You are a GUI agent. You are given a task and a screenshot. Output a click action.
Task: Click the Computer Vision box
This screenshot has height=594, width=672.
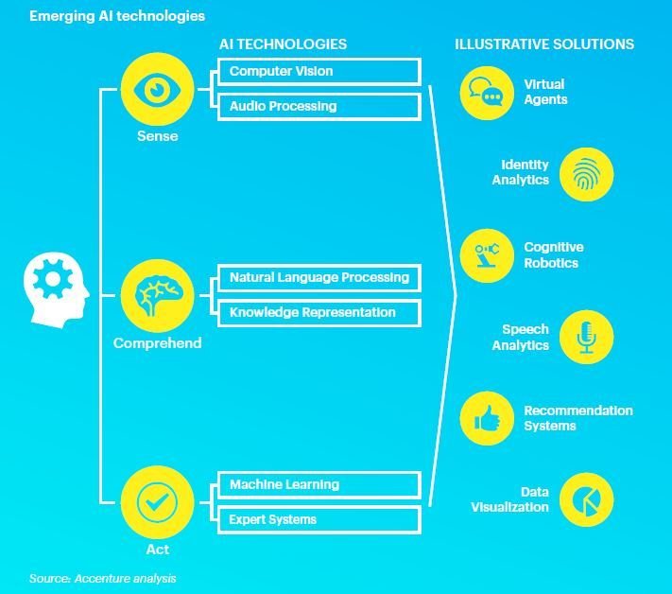pyautogui.click(x=319, y=72)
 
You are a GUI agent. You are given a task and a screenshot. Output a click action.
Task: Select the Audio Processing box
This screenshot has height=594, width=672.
pyautogui.click(x=319, y=107)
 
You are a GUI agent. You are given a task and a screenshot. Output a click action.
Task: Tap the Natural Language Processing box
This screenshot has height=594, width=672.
pyautogui.click(x=319, y=278)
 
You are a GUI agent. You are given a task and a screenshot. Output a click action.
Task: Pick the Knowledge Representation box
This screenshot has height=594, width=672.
pyautogui.click(x=319, y=312)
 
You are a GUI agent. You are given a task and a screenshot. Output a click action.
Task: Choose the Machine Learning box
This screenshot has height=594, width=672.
pyautogui.click(x=319, y=485)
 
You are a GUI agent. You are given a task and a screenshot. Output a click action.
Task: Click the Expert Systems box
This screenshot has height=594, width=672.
pyautogui.click(x=319, y=519)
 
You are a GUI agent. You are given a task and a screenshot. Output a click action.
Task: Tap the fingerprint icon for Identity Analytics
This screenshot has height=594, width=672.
pyautogui.click(x=586, y=174)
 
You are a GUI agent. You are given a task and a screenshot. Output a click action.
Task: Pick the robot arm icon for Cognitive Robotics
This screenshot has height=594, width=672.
pyautogui.click(x=488, y=256)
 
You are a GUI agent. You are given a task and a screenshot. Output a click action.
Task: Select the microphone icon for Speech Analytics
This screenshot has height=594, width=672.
pyautogui.click(x=586, y=337)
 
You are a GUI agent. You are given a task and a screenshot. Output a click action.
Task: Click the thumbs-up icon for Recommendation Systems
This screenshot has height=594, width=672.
pyautogui.click(x=488, y=419)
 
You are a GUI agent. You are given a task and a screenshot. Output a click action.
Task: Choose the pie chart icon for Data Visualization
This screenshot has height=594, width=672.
pyautogui.click(x=586, y=499)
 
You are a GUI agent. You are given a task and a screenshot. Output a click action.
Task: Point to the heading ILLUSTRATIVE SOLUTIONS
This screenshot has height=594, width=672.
pyautogui.click(x=544, y=44)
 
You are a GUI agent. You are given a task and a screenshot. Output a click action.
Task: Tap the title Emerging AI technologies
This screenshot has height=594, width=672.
pyautogui.click(x=117, y=16)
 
